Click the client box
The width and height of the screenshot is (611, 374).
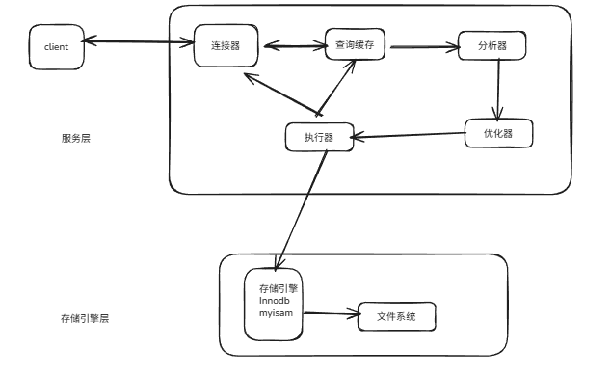56,46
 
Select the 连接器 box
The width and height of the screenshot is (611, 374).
225,45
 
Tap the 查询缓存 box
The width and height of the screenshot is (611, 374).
355,44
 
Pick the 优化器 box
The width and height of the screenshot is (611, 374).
498,133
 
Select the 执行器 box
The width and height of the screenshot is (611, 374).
319,137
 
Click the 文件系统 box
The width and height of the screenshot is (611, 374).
395,316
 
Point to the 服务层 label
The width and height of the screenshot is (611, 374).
76,138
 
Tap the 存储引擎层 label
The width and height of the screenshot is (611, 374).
85,317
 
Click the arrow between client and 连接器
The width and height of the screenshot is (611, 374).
138,41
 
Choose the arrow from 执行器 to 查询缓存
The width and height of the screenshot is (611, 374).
336,87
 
